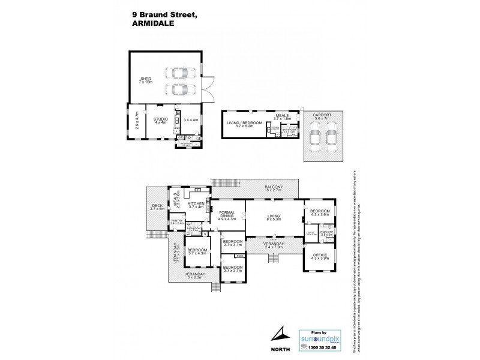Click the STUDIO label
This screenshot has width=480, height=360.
160,119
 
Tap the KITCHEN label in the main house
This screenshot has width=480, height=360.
196,203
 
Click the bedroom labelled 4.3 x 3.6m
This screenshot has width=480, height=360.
319,213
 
